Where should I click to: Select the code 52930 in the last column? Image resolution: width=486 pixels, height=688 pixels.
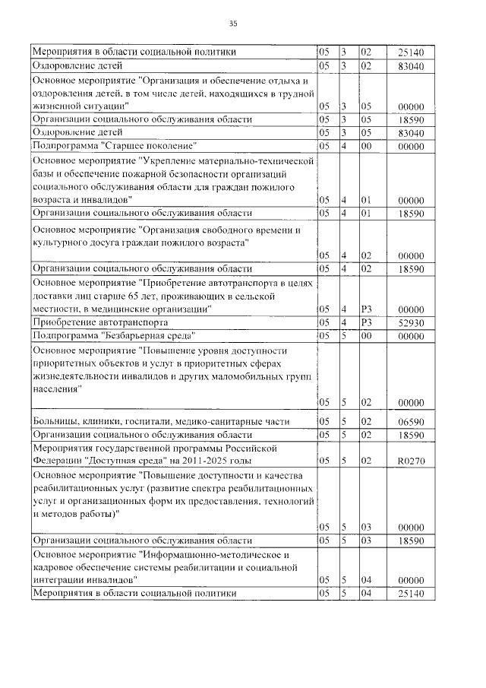410,322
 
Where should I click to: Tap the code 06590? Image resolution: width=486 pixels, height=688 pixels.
410,421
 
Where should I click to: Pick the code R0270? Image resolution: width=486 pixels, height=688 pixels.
410,461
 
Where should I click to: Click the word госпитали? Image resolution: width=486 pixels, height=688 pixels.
149,421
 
